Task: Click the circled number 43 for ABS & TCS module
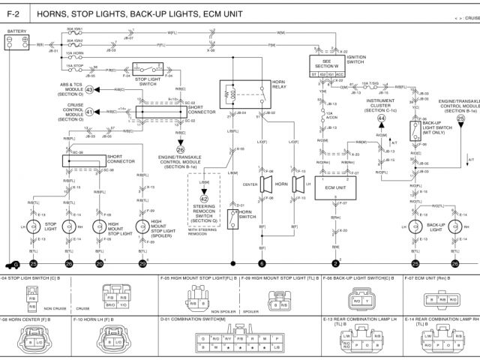[89, 89]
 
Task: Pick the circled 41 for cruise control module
[89, 112]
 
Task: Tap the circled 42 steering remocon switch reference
[204, 199]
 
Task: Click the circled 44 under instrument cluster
[381, 118]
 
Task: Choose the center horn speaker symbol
[266, 184]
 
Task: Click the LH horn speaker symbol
[297, 184]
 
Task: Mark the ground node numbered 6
[262, 264]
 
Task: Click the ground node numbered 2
[335, 264]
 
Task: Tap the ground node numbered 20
[100, 264]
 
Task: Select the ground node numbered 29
[142, 264]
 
